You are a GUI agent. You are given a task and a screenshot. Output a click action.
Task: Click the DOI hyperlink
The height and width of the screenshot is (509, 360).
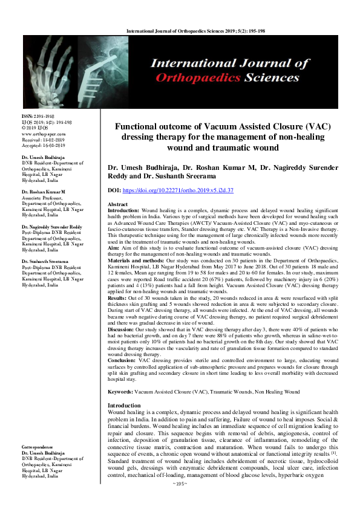pos(181,190)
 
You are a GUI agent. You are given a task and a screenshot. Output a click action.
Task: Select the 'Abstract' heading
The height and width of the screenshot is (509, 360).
pos(117,205)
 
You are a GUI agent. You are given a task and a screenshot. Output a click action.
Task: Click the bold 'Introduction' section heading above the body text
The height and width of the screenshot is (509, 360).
pos(124,388)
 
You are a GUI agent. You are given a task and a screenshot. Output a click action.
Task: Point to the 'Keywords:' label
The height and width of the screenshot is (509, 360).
pos(120,375)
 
